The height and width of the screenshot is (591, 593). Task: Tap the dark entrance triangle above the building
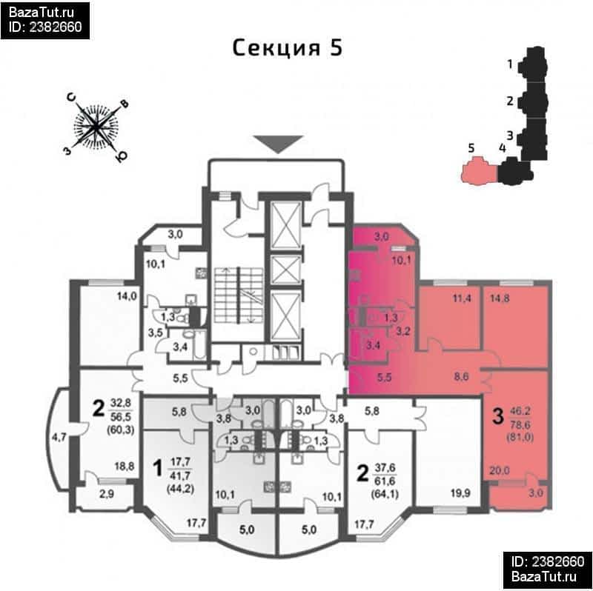point(279,144)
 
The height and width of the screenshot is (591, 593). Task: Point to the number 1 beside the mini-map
point(510,64)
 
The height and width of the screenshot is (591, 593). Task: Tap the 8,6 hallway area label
point(462,376)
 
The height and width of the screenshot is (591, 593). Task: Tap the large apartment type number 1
point(156,468)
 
